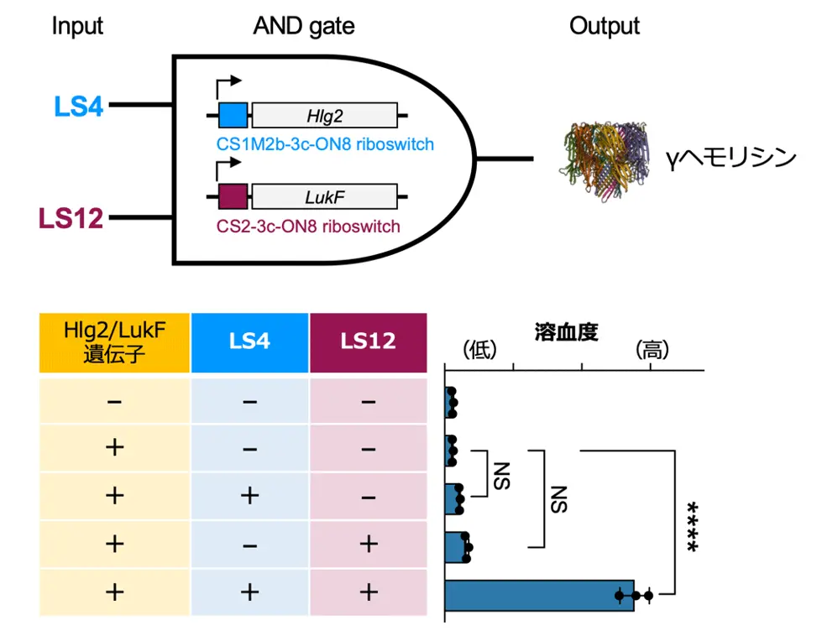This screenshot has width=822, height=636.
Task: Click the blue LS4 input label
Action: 78,107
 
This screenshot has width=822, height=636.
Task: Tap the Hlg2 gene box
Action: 325,115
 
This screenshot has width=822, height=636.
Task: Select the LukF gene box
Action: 325,197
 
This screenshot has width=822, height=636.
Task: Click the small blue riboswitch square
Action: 233,115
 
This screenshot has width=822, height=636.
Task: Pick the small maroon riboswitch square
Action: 233,197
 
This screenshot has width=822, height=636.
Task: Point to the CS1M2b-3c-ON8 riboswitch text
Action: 325,144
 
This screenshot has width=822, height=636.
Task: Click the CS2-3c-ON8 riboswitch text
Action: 308,227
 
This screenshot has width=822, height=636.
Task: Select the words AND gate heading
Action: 304,26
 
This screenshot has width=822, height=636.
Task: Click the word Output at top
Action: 605,26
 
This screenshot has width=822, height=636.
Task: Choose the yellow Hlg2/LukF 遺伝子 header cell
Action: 114,342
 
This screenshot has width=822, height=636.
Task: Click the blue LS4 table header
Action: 249,342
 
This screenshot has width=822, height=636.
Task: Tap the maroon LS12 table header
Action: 368,342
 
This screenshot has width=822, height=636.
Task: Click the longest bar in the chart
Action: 539,595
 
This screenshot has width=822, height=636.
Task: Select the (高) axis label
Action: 651,351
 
